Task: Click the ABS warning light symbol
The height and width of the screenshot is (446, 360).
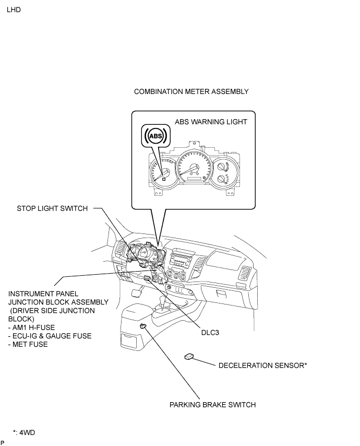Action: (x=155, y=136)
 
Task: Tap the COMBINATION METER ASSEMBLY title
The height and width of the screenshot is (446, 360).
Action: (x=191, y=91)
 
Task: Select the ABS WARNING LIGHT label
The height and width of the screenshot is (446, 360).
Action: (x=211, y=122)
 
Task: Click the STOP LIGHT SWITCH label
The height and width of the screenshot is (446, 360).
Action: (x=52, y=208)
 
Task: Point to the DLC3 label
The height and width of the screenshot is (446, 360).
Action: (x=210, y=333)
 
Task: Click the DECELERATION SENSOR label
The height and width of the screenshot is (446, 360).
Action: (x=262, y=366)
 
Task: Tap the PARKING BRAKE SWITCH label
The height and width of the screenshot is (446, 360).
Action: (x=212, y=405)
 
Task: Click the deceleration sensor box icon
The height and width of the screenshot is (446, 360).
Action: (x=189, y=356)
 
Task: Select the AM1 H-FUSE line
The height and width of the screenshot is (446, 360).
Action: (x=31, y=327)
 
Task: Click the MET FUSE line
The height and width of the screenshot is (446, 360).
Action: (x=28, y=345)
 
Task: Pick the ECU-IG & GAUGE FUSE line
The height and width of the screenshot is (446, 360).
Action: (x=50, y=336)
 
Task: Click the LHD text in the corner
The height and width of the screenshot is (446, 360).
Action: (x=14, y=10)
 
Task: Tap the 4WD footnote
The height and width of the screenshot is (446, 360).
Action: (x=24, y=432)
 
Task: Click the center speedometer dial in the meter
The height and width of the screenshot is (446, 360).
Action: (x=194, y=168)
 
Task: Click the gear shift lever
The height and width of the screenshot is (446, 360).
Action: (x=164, y=303)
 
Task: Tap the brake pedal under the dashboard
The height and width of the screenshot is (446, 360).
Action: (x=137, y=294)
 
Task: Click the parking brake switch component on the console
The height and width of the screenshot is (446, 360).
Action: (x=143, y=326)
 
